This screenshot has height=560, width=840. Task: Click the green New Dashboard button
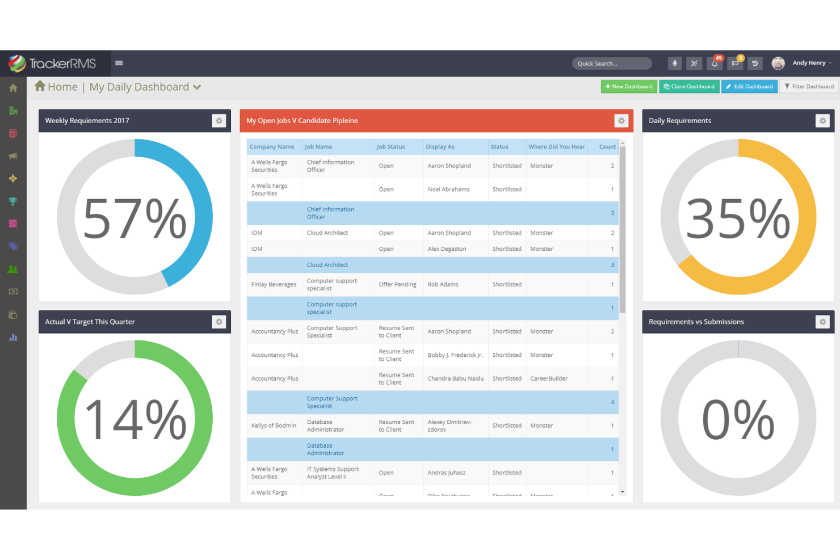click(629, 86)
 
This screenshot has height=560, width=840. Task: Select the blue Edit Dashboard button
click(749, 86)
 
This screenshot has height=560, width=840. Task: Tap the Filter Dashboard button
click(809, 86)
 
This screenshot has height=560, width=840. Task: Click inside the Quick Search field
click(611, 64)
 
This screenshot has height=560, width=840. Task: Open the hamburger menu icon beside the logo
click(119, 63)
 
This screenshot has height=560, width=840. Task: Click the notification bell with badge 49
click(715, 64)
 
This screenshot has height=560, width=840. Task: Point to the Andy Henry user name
click(809, 63)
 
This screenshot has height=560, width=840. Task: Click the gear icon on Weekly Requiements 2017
click(219, 121)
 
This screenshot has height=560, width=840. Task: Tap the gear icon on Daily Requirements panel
click(822, 121)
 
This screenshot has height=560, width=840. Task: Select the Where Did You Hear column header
click(556, 147)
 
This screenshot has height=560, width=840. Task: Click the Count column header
click(607, 147)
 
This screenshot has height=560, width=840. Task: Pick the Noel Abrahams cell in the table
click(448, 190)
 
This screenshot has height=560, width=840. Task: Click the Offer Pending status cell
click(397, 284)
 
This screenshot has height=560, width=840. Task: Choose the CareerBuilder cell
click(549, 378)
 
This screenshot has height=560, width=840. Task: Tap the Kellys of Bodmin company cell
click(274, 426)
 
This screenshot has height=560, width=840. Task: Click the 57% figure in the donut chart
click(135, 218)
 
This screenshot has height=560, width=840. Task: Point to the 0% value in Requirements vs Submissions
click(738, 420)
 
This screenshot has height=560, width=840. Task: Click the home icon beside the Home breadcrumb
click(40, 86)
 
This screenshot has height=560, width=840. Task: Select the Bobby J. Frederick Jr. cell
click(455, 355)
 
